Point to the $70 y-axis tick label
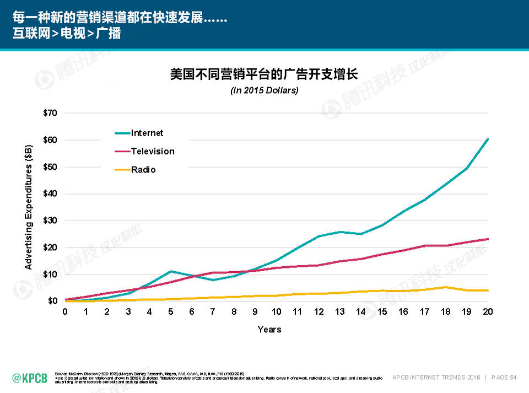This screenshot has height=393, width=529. (x=50, y=113)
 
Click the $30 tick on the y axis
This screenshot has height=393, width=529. (x=50, y=220)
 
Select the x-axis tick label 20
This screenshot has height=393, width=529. (x=488, y=312)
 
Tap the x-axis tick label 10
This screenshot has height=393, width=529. (x=277, y=312)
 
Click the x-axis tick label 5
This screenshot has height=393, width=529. (x=171, y=312)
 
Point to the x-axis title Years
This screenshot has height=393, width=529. (x=269, y=330)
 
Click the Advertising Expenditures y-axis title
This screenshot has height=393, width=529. (x=29, y=207)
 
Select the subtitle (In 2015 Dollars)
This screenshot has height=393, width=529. (x=264, y=90)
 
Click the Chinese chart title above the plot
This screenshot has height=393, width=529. (x=264, y=74)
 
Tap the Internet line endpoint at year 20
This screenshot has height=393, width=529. (x=488, y=139)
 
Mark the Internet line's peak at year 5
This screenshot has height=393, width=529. (x=171, y=271)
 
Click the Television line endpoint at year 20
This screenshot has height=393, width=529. (x=488, y=239)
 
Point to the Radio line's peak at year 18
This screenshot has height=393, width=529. (x=446, y=287)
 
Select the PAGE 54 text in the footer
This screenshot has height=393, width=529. (x=505, y=378)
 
